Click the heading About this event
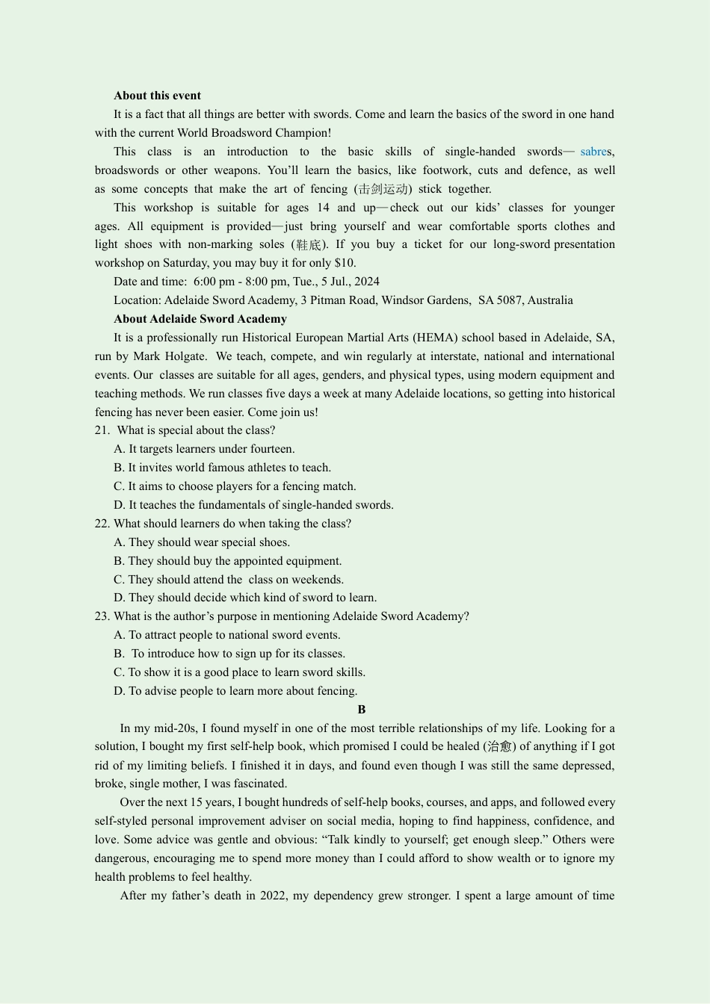(157, 96)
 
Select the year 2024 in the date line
(367, 282)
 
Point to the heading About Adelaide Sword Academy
(200, 319)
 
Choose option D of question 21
(253, 505)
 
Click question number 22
(102, 524)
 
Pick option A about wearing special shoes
(202, 542)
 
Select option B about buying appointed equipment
(227, 561)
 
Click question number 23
(102, 616)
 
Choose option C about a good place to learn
(239, 672)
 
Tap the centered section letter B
(362, 710)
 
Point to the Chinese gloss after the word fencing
(383, 189)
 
